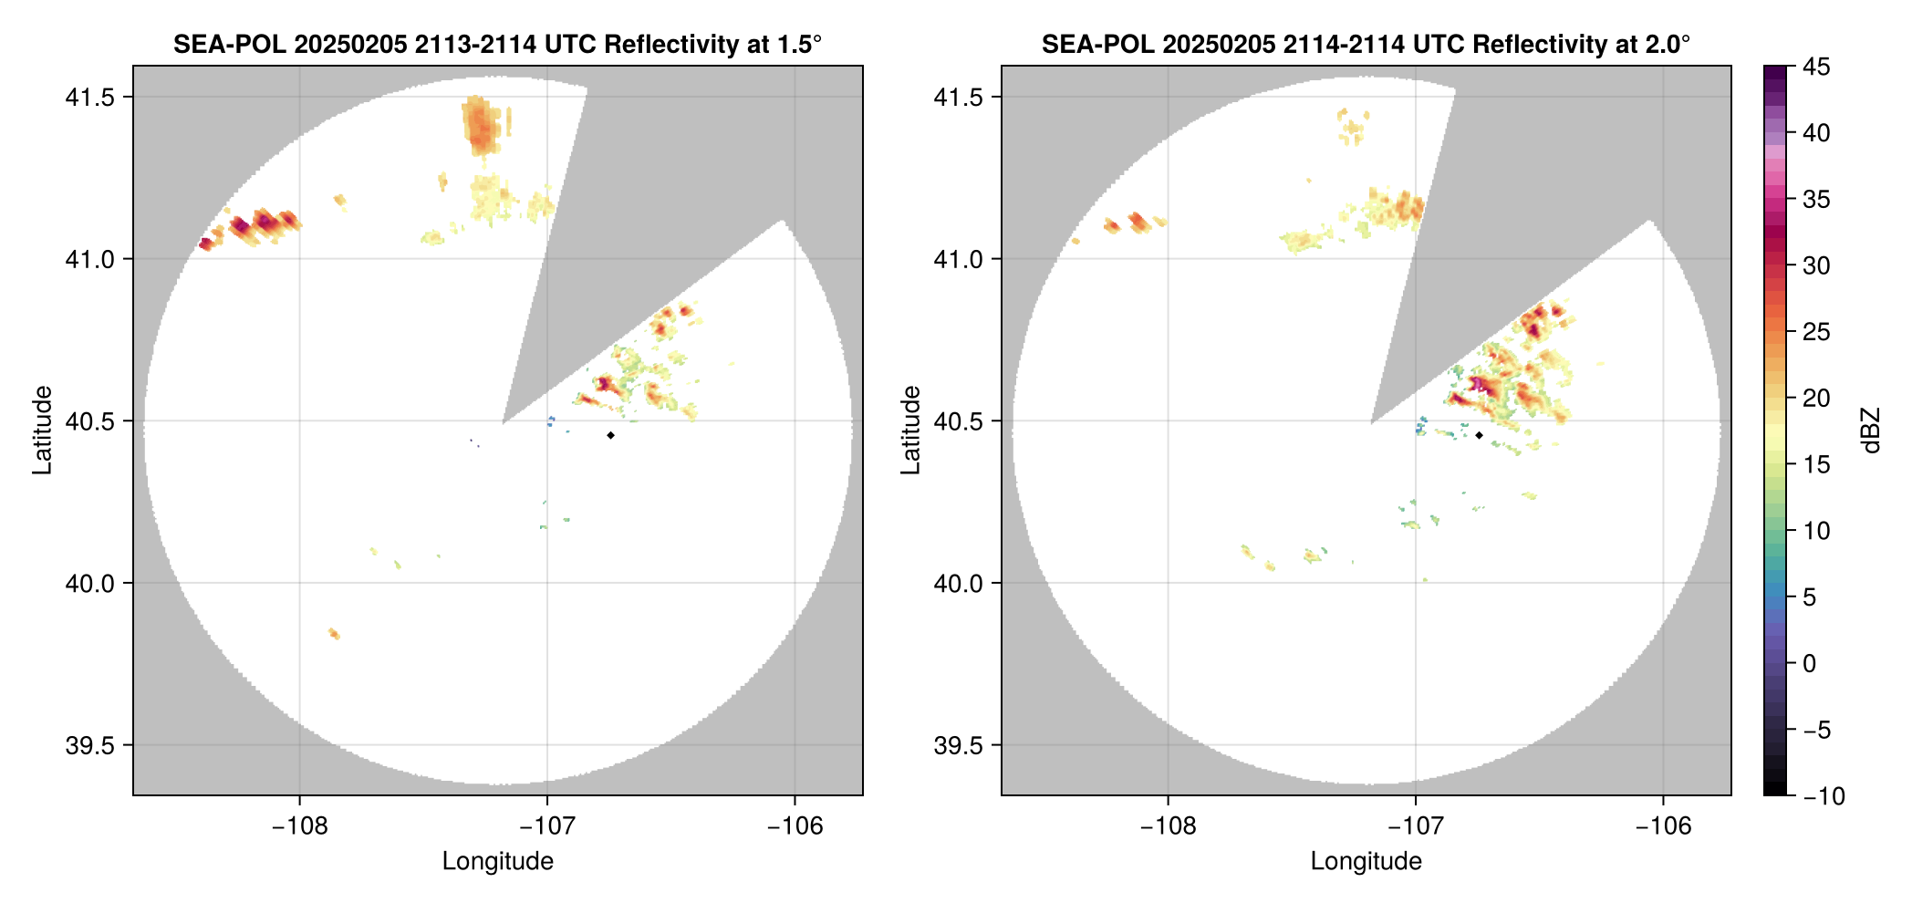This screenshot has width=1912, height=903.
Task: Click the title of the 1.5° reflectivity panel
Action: pyautogui.click(x=497, y=44)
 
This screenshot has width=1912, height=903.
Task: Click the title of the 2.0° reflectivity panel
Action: pyautogui.click(x=1366, y=44)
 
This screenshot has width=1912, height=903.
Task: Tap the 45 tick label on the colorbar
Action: pyautogui.click(x=1815, y=67)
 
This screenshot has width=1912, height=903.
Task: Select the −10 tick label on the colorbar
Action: pyautogui.click(x=1824, y=796)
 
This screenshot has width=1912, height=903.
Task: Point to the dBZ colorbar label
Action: pyautogui.click(x=1871, y=431)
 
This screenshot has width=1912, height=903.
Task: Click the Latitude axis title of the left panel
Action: pyautogui.click(x=42, y=430)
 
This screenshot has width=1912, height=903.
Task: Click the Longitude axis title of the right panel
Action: pyautogui.click(x=1366, y=861)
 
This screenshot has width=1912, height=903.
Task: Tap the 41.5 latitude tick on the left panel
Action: pyautogui.click(x=89, y=97)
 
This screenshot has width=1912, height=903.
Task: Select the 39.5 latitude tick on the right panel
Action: pyautogui.click(x=958, y=745)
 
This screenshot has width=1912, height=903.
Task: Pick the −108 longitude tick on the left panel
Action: pyautogui.click(x=299, y=826)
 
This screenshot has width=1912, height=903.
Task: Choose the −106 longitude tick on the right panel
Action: pyautogui.click(x=1663, y=826)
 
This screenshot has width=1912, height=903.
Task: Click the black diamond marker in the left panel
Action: pyautogui.click(x=610, y=435)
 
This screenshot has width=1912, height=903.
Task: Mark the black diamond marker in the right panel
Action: pyautogui.click(x=1479, y=435)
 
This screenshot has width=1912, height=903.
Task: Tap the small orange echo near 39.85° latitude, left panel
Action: pyautogui.click(x=334, y=633)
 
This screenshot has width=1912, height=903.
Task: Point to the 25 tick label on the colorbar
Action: pyautogui.click(x=1815, y=332)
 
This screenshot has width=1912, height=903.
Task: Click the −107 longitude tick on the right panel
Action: pyautogui.click(x=1415, y=826)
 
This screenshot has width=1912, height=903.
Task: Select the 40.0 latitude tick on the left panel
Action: pyautogui.click(x=89, y=583)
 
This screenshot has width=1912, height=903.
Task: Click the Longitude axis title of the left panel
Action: pyautogui.click(x=497, y=861)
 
